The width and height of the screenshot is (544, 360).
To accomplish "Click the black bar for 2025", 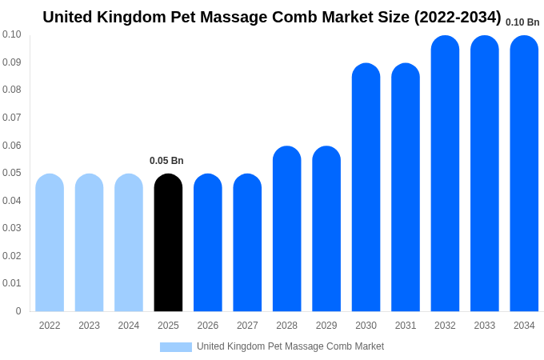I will (x=168, y=243).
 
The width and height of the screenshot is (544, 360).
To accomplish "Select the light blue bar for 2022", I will (x=50, y=243).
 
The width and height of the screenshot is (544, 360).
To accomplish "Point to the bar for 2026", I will (x=208, y=243).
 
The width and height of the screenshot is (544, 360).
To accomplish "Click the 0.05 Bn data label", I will (x=166, y=161).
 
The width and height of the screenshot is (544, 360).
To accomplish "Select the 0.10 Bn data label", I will (x=522, y=22).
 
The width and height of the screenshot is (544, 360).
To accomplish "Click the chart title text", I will (x=272, y=17).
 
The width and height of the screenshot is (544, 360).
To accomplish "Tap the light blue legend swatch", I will (x=176, y=346).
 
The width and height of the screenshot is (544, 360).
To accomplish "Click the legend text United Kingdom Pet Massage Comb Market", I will (x=290, y=346).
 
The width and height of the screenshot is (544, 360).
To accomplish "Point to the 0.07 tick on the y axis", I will (x=12, y=118).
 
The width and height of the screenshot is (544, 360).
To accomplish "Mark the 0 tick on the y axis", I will (x=18, y=311).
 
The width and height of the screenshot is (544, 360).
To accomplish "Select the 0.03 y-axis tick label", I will (x=12, y=228).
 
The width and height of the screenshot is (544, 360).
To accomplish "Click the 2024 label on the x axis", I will (x=129, y=326).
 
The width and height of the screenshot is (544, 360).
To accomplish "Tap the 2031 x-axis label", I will (x=406, y=326).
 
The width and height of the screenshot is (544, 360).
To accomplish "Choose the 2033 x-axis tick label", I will (x=485, y=326).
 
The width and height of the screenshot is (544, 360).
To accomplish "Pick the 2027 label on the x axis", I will (x=247, y=326).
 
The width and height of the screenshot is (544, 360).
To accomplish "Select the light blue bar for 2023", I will (x=89, y=243).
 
